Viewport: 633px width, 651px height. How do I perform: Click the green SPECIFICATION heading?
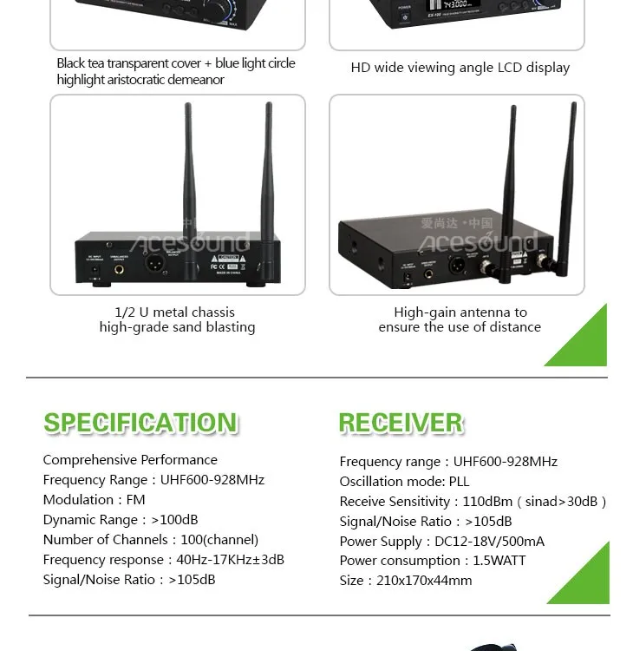click(x=140, y=423)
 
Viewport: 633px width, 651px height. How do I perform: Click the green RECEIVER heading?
click(x=401, y=423)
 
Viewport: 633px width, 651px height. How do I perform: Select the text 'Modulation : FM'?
click(x=94, y=500)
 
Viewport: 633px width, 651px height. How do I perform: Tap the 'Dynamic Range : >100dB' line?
click(x=121, y=520)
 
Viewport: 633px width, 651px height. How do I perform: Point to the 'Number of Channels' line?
click(x=151, y=540)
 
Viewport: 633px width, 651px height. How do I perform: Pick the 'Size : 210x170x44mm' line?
click(x=406, y=581)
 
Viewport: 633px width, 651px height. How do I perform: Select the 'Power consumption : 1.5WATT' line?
click(x=433, y=561)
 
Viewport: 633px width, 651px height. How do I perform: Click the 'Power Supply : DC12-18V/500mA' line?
click(x=442, y=542)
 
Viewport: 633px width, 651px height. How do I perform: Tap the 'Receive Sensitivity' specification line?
click(x=473, y=502)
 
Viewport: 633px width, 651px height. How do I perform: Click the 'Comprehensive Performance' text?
click(x=130, y=460)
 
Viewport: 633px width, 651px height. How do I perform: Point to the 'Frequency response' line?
click(x=164, y=560)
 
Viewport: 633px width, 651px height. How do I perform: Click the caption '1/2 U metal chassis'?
click(x=175, y=312)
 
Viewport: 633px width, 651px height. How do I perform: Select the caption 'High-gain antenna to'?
click(x=460, y=312)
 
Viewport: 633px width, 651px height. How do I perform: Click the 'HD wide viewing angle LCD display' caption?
click(x=460, y=68)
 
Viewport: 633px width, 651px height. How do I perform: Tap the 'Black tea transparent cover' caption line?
click(x=176, y=63)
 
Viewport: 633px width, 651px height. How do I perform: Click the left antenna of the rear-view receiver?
click(x=188, y=174)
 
